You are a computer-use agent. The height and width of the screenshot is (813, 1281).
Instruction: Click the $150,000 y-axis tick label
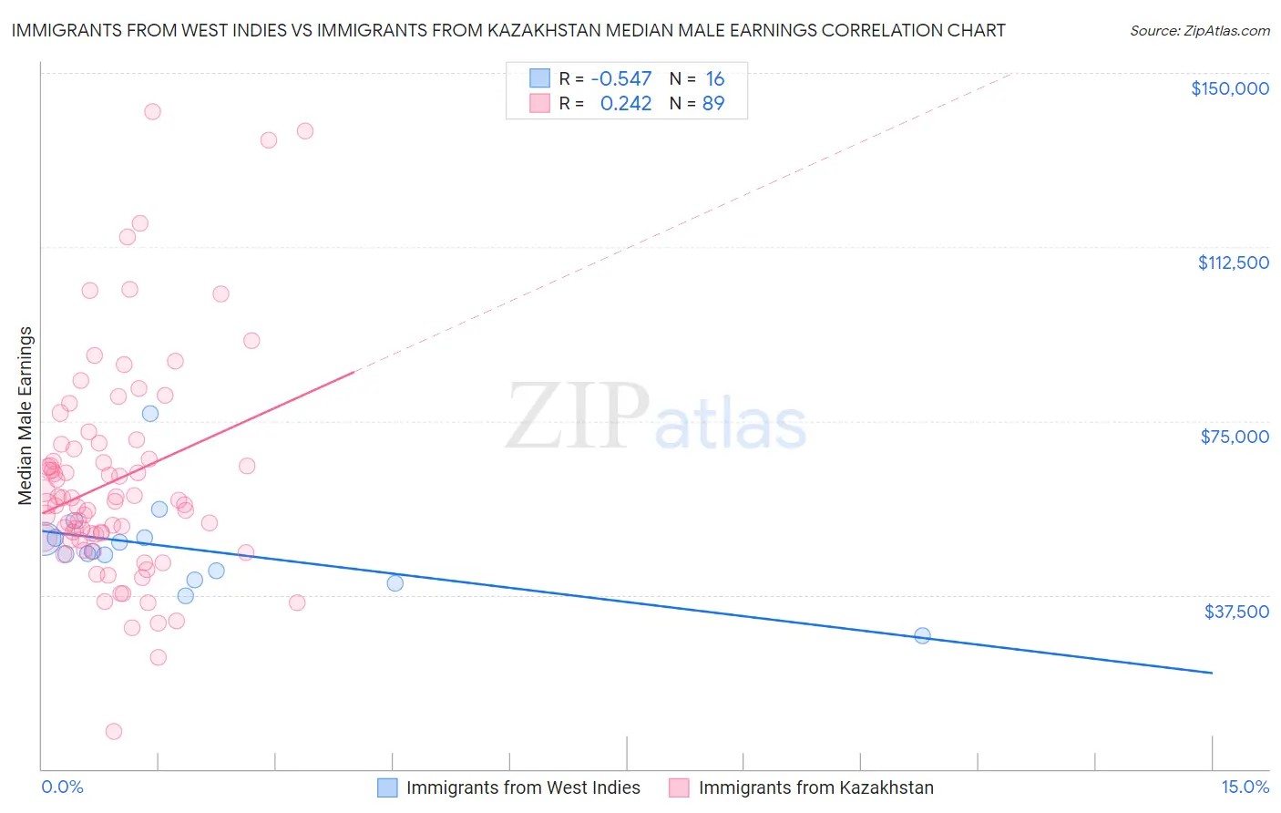1229,88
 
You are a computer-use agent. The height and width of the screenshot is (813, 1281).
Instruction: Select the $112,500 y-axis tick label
1233,262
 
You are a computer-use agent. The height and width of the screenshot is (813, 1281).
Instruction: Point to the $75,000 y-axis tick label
1235,437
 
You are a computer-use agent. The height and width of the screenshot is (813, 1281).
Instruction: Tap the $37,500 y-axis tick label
1236,612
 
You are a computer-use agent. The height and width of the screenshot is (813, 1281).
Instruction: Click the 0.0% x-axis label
62,787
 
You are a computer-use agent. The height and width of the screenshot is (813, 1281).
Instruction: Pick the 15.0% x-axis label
1245,787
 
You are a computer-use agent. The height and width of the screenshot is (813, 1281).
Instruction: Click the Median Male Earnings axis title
26,415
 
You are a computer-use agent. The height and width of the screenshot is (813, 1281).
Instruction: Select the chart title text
508,30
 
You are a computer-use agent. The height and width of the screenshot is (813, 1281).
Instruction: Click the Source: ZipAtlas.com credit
1199,30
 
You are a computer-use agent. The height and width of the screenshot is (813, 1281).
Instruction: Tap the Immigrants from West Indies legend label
523,788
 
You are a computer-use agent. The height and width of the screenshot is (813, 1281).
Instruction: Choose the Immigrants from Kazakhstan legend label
815,788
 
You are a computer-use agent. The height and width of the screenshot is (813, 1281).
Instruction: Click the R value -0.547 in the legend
621,79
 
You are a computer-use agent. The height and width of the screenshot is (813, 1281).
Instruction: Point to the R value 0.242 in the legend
626,104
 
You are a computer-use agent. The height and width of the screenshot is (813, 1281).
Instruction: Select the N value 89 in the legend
713,104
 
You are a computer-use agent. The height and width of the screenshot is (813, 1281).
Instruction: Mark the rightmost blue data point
922,635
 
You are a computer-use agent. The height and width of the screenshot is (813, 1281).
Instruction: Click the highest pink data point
152,111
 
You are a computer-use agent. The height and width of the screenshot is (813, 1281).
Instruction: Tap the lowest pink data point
114,731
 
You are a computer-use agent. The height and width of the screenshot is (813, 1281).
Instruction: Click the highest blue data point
150,413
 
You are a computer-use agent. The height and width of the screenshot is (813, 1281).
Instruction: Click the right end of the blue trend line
1212,673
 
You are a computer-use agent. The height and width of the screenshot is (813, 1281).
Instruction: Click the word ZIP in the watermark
577,417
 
